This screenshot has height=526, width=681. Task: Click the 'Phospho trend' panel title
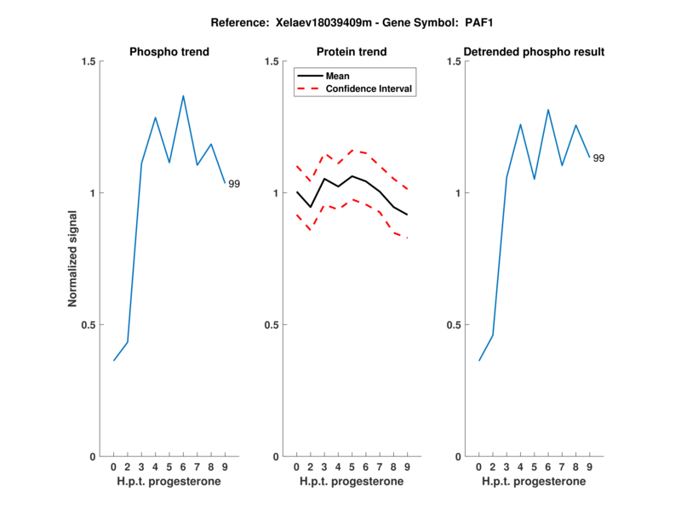point(169,52)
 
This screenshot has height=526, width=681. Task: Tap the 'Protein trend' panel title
point(352,52)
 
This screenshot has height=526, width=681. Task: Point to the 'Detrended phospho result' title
point(534,52)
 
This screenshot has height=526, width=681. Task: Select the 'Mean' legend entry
point(337,76)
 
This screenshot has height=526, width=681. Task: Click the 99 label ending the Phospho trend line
point(234,184)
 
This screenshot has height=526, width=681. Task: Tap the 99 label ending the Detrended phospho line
point(598,158)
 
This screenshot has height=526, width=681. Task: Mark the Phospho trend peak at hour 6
point(183,96)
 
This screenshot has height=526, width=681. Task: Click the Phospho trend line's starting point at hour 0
point(114,360)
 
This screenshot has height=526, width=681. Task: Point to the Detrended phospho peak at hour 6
point(548,110)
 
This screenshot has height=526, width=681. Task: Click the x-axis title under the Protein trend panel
point(352,482)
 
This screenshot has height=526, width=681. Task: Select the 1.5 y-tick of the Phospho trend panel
point(87,61)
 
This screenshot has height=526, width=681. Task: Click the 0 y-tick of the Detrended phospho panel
point(458,457)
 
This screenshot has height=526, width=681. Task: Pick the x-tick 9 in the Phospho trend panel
point(225,467)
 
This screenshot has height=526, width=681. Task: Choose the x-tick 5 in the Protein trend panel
point(352,467)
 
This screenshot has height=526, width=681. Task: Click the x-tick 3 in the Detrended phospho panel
point(506,467)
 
